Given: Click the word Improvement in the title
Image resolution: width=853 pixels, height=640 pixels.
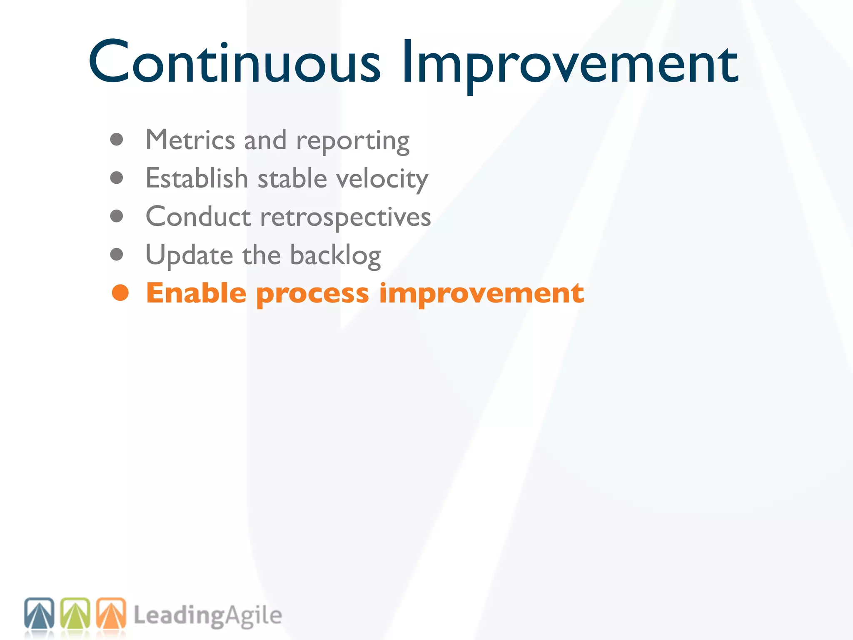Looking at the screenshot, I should (570, 62).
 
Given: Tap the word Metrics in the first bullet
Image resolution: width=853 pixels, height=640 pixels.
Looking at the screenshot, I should (190, 140).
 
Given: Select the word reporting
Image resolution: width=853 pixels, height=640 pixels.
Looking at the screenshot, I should (353, 142).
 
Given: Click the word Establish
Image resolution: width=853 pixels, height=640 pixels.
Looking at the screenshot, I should (197, 178).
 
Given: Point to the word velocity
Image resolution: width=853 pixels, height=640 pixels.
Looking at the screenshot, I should (382, 179).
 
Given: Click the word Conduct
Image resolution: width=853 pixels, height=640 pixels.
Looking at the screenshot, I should (198, 217).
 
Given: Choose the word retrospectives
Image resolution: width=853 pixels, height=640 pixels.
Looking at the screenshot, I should (345, 217).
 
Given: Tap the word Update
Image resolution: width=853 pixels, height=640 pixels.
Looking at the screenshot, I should (189, 255).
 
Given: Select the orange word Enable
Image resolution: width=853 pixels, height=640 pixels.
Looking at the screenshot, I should (196, 293).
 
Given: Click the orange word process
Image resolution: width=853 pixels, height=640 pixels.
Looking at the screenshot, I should (312, 294).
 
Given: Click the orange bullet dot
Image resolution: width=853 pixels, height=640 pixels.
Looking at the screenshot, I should (120, 293).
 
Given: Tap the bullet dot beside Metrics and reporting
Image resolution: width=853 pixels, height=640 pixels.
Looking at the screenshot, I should (117, 140).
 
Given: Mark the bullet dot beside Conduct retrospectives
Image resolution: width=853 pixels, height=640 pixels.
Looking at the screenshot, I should (117, 216).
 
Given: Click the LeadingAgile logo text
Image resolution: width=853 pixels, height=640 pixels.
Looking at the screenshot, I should (207, 616).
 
